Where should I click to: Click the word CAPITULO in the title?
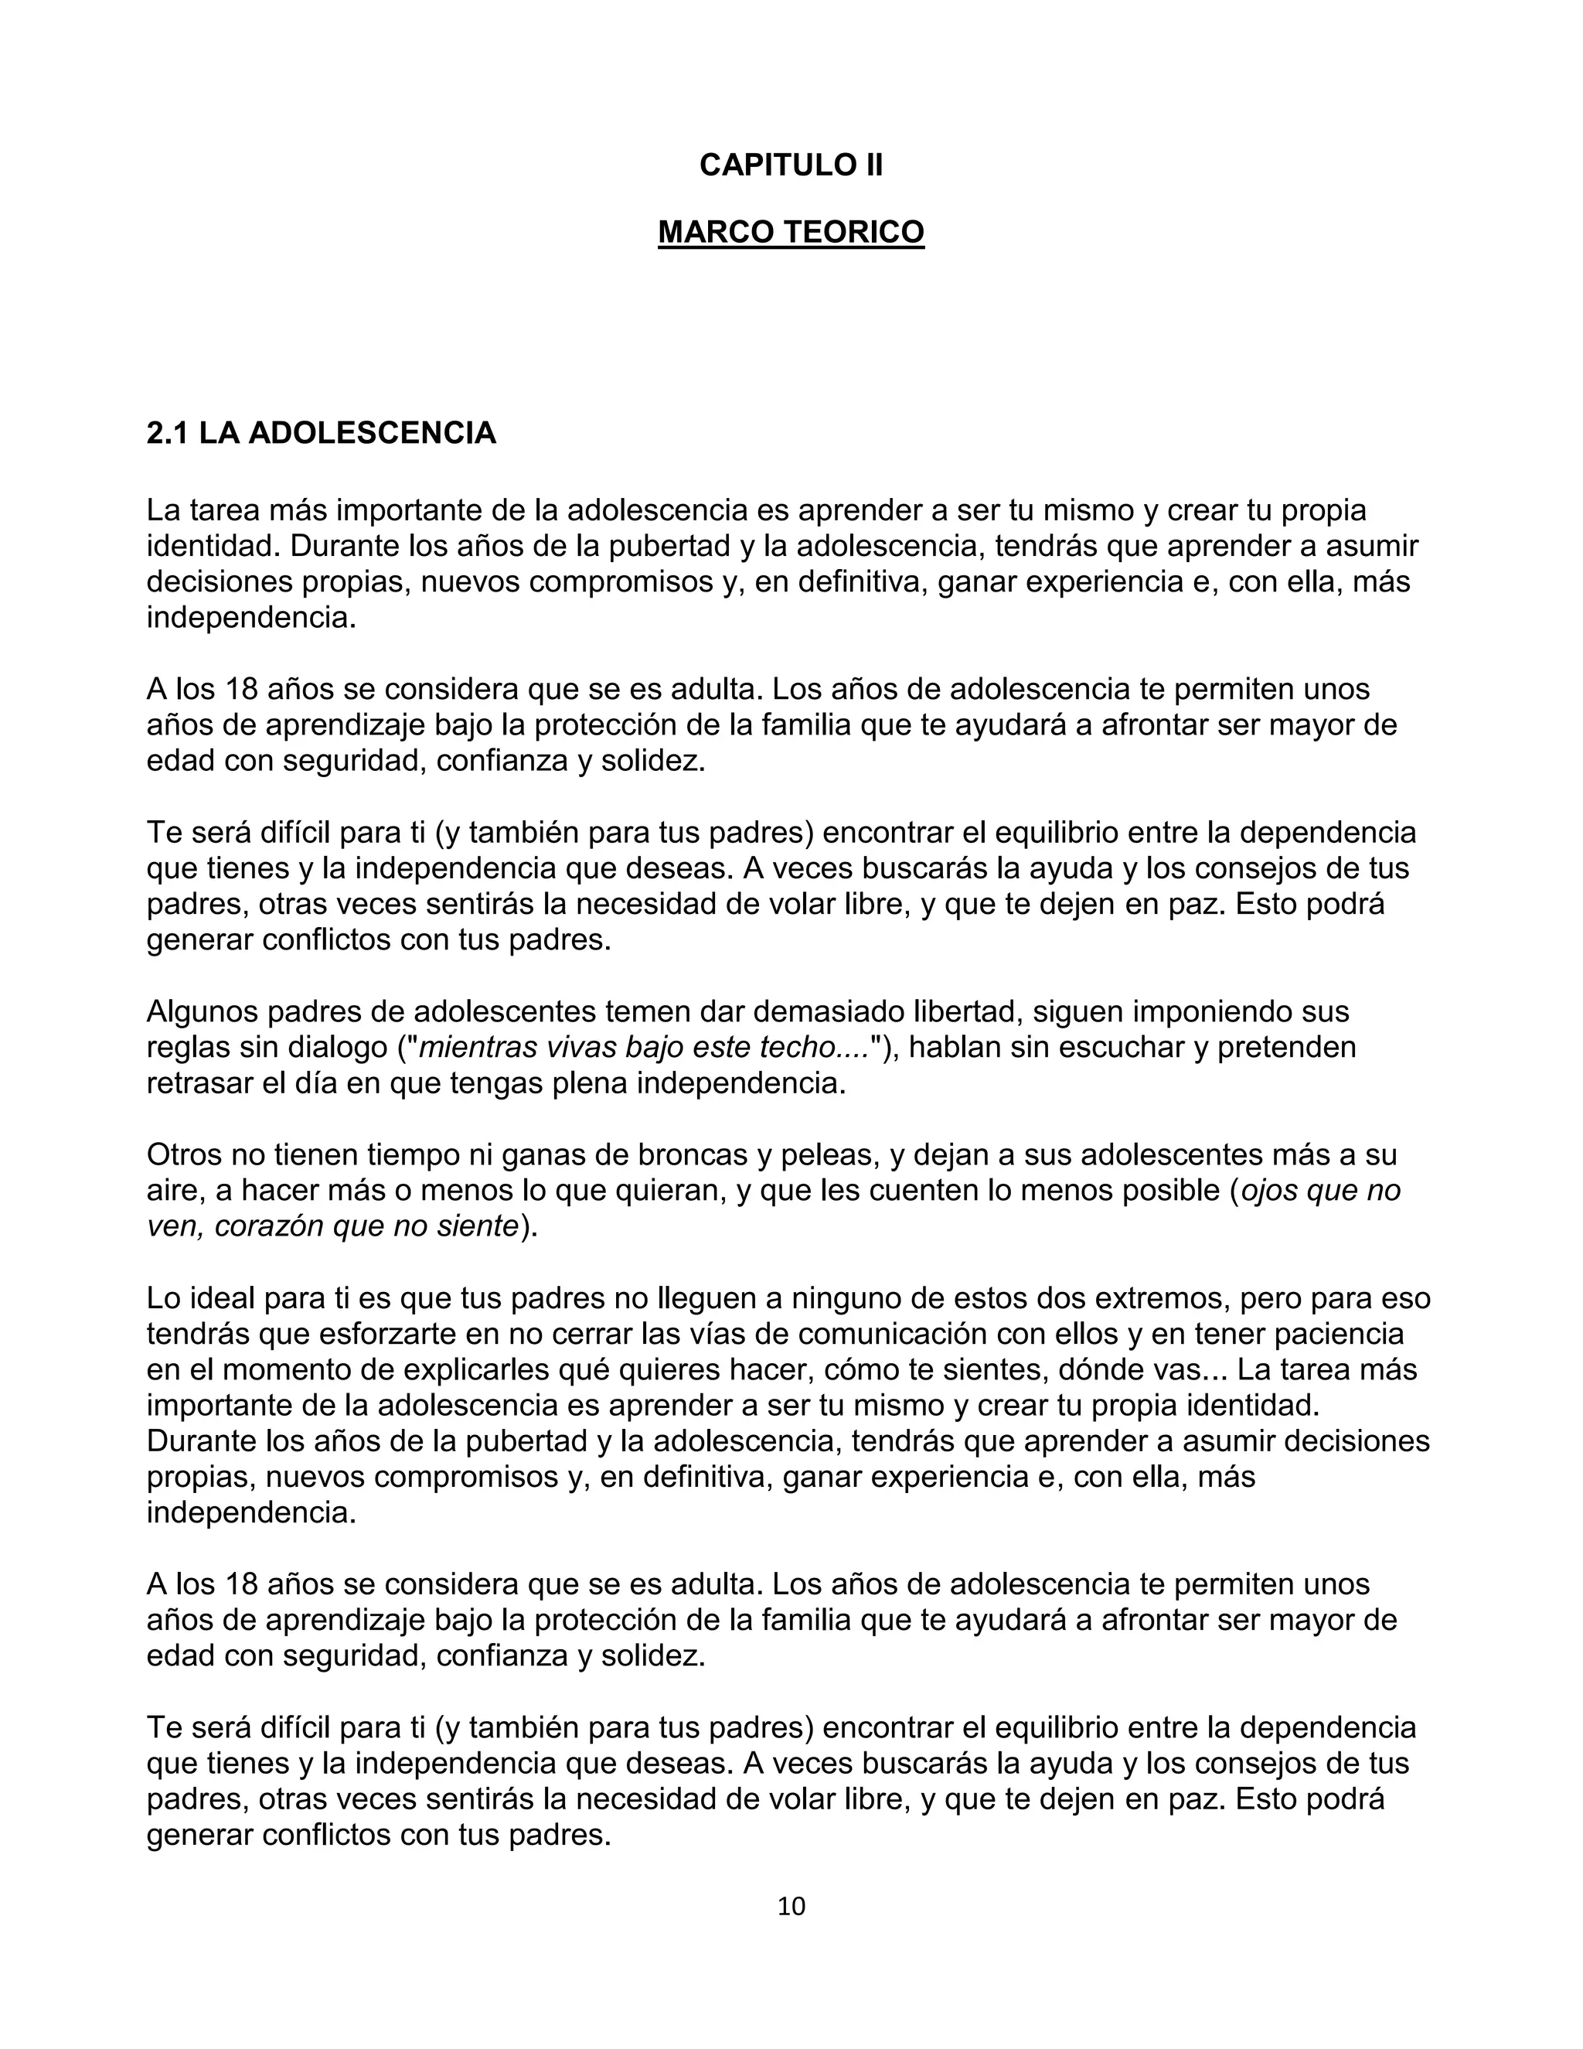[x=761, y=165]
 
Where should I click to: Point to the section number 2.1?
[x=168, y=434]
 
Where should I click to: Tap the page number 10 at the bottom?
[x=791, y=1905]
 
